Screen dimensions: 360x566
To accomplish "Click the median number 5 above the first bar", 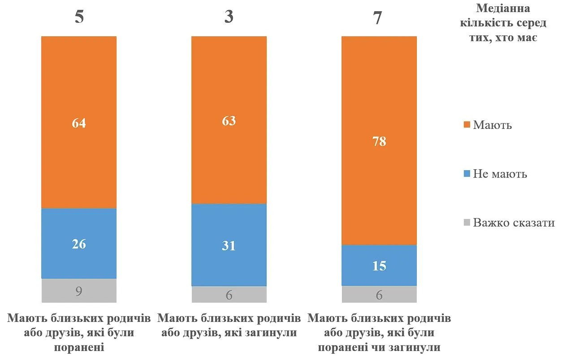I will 79,17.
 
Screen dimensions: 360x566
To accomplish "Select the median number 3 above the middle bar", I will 229,17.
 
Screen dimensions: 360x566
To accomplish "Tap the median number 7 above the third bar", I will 378,18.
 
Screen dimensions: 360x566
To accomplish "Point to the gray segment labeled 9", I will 79,291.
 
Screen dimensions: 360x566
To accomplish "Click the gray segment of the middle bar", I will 229,294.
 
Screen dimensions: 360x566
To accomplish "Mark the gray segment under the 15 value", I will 379,294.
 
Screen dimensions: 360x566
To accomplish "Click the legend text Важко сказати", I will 514,223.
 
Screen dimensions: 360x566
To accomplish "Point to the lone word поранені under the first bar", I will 79,347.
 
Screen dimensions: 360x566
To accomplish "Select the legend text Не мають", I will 500,174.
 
